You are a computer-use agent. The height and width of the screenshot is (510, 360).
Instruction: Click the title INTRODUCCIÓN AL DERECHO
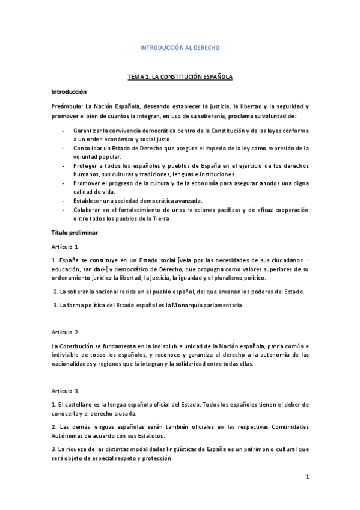click(180, 47)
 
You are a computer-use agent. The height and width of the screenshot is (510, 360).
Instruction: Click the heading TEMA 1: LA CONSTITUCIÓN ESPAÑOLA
click(180, 77)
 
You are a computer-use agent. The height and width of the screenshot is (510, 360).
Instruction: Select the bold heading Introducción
click(69, 91)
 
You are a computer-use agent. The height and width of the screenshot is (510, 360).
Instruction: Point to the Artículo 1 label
click(65, 247)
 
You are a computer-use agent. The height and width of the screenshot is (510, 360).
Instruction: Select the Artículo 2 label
click(65, 332)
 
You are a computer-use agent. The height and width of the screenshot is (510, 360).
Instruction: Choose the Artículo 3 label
click(65, 391)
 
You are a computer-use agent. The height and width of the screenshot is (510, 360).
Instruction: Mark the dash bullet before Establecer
click(64, 200)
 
